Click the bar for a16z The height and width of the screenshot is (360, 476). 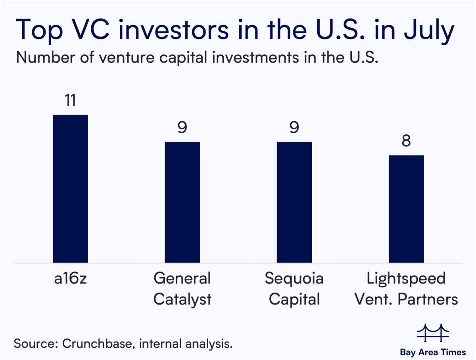(70, 189)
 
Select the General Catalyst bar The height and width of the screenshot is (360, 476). (182, 202)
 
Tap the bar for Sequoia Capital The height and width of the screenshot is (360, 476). (295, 202)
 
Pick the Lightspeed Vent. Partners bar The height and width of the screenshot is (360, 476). (407, 209)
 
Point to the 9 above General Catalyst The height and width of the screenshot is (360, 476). (182, 128)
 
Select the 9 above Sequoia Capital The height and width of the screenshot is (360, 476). (295, 128)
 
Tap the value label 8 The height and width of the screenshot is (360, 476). (407, 142)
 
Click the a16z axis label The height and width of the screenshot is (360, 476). (70, 279)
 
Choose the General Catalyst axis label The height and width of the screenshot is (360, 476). (182, 289)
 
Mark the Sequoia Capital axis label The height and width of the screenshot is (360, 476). (295, 289)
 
